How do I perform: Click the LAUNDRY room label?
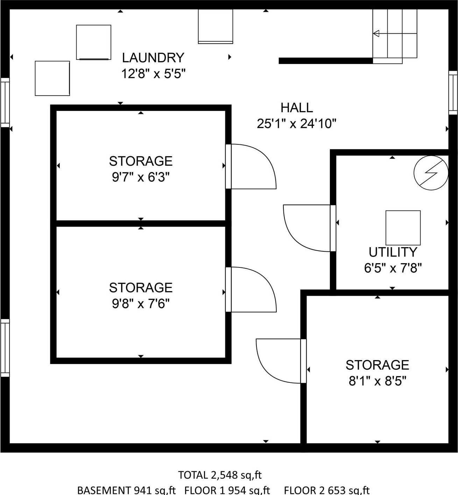(x=153, y=58)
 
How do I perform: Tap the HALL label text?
(x=296, y=108)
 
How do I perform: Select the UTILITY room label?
(x=393, y=252)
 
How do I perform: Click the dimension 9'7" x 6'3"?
(x=141, y=178)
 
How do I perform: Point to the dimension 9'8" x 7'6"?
(x=141, y=304)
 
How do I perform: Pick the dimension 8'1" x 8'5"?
(x=377, y=381)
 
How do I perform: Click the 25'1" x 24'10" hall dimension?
(x=296, y=124)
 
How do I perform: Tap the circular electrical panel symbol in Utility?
(x=431, y=173)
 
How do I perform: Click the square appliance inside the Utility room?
(x=403, y=228)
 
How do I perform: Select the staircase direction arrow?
(x=377, y=34)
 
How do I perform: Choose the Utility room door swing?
(x=307, y=228)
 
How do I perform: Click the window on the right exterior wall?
(x=453, y=93)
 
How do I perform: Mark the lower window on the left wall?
(x=5, y=347)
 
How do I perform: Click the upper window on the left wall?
(x=5, y=102)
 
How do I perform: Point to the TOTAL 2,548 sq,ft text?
(x=220, y=475)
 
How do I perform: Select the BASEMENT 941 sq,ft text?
(x=126, y=490)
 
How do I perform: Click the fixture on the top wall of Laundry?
(x=215, y=26)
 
